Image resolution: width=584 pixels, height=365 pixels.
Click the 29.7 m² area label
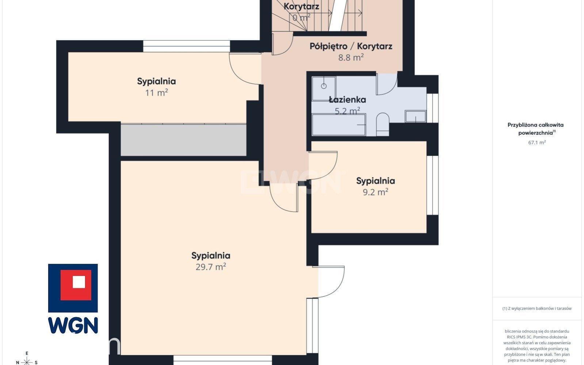click(x=211, y=267)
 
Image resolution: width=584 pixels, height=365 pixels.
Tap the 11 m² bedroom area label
click(x=156, y=92)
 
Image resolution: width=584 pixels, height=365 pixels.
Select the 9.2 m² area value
click(x=375, y=192)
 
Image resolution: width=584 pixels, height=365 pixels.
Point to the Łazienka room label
click(x=347, y=100)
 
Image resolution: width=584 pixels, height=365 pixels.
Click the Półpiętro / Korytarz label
click(x=351, y=46)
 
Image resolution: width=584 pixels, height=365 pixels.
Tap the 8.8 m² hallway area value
click(x=351, y=57)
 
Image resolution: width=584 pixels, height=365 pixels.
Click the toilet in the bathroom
click(x=382, y=125)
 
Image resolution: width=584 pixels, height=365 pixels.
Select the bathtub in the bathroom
click(x=339, y=125)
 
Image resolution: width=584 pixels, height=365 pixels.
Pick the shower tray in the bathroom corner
click(x=324, y=88)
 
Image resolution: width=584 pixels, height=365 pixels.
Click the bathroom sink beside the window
click(x=415, y=116)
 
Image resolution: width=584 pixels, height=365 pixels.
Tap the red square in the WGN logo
click(x=76, y=285)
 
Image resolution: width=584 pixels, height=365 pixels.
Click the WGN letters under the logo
click(x=73, y=325)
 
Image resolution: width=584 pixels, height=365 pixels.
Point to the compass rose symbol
click(x=27, y=361)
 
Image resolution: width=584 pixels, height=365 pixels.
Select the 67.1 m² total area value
click(x=537, y=142)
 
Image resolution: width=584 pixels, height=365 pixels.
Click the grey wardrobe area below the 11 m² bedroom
click(x=184, y=140)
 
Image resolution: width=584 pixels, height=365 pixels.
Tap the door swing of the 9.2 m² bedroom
click(x=323, y=166)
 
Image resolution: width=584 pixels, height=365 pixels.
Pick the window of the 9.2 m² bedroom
click(x=432, y=185)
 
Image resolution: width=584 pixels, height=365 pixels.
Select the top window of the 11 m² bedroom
click(x=186, y=46)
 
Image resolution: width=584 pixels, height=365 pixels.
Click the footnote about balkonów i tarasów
click(x=537, y=308)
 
